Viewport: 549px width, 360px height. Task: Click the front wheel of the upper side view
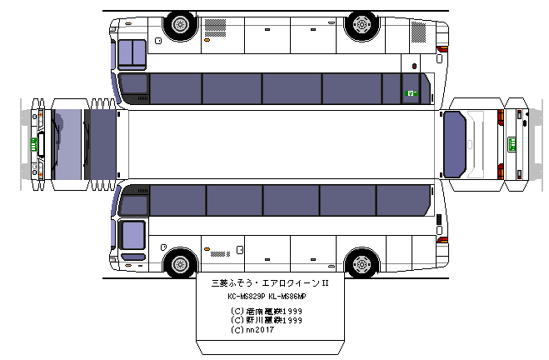pyautogui.click(x=179, y=24)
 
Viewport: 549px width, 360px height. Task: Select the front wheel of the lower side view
pyautogui.click(x=179, y=263)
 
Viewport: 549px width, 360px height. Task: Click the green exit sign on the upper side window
pyautogui.click(x=410, y=93)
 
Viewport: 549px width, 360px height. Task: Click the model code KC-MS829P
pyautogui.click(x=247, y=297)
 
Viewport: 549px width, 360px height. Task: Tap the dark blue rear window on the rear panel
pyautogui.click(x=455, y=143)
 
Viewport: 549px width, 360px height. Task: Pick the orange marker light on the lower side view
pyautogui.click(x=206, y=247)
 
